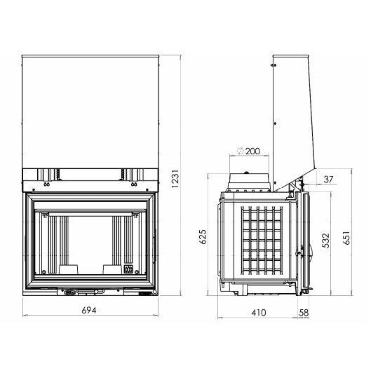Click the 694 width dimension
click(x=89, y=310)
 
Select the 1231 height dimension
click(x=175, y=179)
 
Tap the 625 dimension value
click(x=203, y=237)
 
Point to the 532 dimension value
click(x=325, y=241)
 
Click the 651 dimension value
click(x=346, y=238)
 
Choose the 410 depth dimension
click(x=259, y=313)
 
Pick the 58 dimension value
click(x=304, y=313)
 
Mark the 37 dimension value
click(x=328, y=180)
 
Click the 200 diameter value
click(x=252, y=151)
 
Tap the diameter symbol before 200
click(x=241, y=151)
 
